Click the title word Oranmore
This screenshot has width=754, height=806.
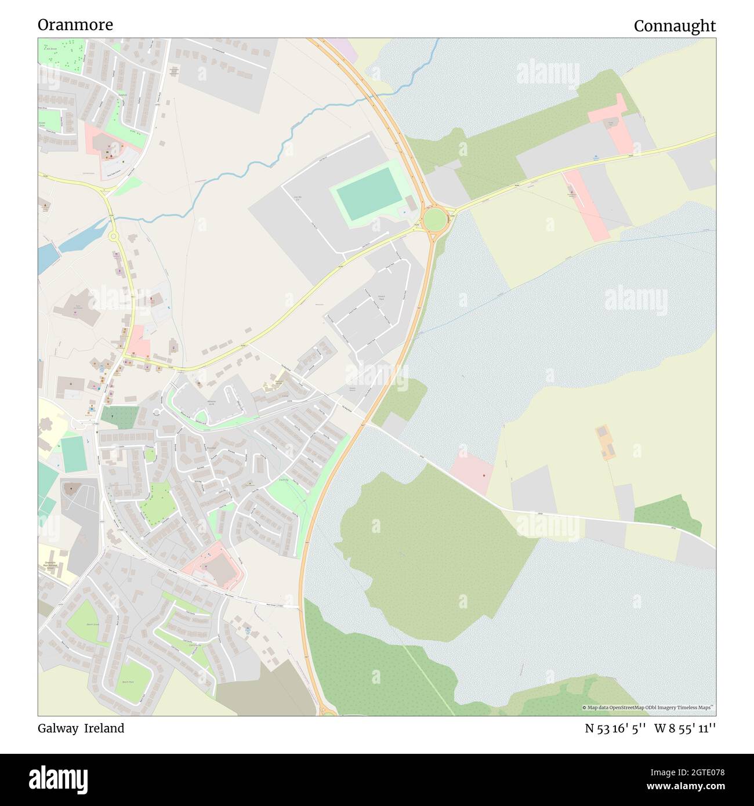[x=75, y=24]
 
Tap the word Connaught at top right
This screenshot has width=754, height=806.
[x=675, y=26]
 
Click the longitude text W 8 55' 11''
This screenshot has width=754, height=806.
[x=685, y=728]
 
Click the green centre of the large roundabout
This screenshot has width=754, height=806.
[x=434, y=220]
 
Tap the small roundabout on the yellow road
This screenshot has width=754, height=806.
[x=113, y=236]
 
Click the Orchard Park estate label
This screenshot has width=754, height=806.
[x=381, y=297]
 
